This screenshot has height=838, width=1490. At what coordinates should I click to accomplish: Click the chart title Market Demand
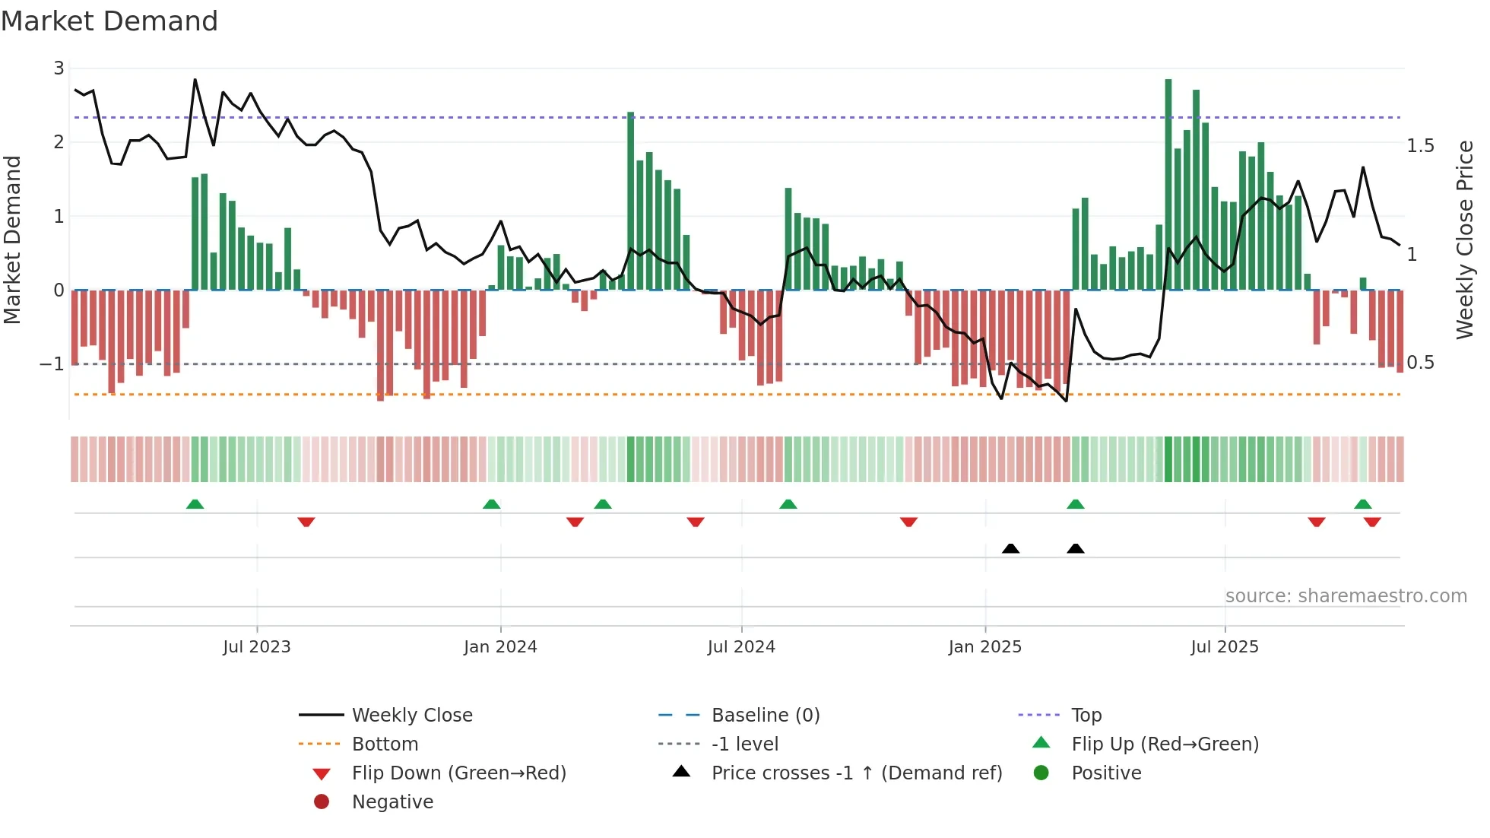[x=109, y=21]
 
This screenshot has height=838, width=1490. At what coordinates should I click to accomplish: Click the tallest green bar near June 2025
[x=1168, y=183]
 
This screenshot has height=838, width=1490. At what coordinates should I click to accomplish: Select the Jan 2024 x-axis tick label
[x=500, y=647]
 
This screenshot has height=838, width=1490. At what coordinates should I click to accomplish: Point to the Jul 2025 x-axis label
[x=1225, y=647]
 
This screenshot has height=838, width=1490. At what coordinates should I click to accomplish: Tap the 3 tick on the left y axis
[x=59, y=68]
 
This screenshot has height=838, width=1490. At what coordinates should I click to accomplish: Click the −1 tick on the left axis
[x=52, y=364]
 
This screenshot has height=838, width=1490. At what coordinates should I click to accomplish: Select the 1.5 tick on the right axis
[x=1420, y=145]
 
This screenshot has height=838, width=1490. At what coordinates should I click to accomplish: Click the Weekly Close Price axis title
[x=1465, y=240]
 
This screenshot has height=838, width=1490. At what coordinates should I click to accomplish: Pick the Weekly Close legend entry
[x=411, y=716]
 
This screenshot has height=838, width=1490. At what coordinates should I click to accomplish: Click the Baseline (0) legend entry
[x=765, y=716]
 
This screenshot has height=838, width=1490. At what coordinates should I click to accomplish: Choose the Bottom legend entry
[x=385, y=744]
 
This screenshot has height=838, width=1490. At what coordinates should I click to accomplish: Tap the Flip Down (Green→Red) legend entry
[x=458, y=773]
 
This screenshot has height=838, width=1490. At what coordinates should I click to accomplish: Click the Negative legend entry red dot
[x=322, y=802]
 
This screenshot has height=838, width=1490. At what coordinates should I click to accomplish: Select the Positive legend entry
[x=1106, y=773]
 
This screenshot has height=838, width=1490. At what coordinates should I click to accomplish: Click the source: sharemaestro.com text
[x=1346, y=596]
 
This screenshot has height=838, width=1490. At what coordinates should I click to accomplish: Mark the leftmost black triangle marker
[x=1010, y=548]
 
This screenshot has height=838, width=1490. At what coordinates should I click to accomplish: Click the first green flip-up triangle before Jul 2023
[x=195, y=504]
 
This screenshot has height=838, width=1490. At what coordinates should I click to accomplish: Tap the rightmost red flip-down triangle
[x=1372, y=522]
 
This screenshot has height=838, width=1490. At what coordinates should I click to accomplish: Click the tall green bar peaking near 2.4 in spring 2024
[x=631, y=202]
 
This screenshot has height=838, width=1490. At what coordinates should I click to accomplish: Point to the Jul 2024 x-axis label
[x=741, y=647]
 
